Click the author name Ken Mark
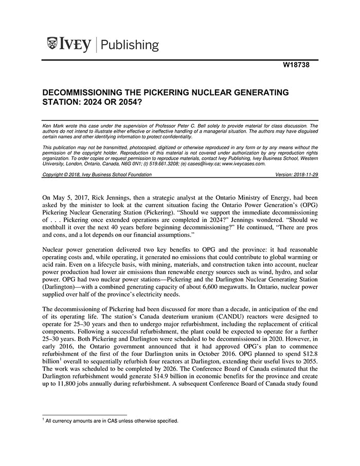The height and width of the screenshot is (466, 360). (x=52, y=126)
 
